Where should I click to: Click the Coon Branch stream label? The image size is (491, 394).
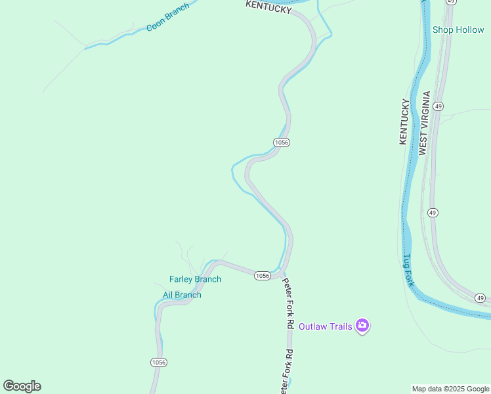167,18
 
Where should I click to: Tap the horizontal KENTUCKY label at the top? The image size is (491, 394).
268,9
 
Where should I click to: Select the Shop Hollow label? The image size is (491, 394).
458,30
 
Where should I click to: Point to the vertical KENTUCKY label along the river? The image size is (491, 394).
404,121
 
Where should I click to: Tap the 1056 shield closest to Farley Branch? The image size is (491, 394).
262,276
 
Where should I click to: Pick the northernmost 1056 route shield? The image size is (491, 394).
282,142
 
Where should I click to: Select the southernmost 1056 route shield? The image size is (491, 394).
158,362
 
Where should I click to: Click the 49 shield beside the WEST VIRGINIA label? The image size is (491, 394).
438,106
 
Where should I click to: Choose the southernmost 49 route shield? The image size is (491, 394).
481,299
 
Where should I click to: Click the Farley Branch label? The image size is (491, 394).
195,279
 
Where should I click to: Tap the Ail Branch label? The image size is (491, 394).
182,295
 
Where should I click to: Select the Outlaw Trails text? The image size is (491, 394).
325,326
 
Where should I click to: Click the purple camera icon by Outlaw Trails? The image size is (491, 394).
362,326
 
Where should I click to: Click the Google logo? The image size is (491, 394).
22,386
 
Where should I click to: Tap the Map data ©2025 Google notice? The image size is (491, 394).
451,389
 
